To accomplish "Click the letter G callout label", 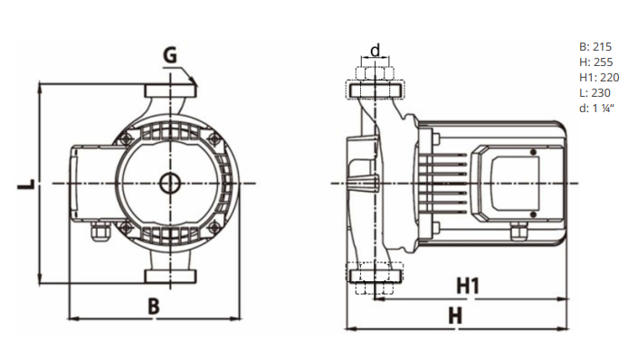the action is [x=170, y=55].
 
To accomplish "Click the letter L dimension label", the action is [x=26, y=185].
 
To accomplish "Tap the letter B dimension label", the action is [x=154, y=306].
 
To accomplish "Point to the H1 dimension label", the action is [x=468, y=286].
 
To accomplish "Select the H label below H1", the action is [x=455, y=316].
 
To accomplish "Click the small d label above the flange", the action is [x=376, y=51].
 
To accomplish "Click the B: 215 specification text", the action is [x=595, y=47].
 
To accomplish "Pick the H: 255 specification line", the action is [x=596, y=62].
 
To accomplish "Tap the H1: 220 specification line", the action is [x=599, y=77].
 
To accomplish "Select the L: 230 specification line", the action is [x=595, y=92].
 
